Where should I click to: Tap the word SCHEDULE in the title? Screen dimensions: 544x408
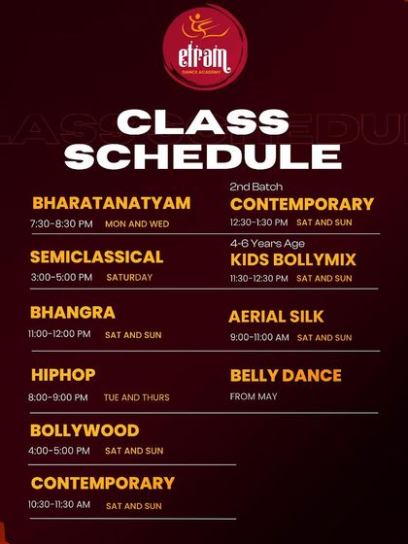point(204,155)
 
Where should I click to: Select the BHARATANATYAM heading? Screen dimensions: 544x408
point(111,203)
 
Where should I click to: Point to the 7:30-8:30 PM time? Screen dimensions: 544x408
point(61,223)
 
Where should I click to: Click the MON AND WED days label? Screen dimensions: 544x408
point(136,224)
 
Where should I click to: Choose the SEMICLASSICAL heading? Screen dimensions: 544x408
point(96,257)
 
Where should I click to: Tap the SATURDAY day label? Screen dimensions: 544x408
point(129,278)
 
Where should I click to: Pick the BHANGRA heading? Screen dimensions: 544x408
point(72,313)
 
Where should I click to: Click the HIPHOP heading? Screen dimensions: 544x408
point(63,375)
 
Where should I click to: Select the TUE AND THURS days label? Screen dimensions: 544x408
point(136,397)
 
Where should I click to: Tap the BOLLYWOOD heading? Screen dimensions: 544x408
point(85,430)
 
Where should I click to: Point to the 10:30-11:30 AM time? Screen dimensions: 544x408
point(59,505)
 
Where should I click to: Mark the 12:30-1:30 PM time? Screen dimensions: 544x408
point(258,222)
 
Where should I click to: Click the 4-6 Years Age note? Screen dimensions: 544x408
point(266,243)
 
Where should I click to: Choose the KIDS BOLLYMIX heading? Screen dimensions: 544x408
point(293,259)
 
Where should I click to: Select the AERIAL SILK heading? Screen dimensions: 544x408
point(276,317)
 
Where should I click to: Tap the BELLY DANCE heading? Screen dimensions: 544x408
point(286,375)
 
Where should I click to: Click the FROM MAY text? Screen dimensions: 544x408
point(253,396)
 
